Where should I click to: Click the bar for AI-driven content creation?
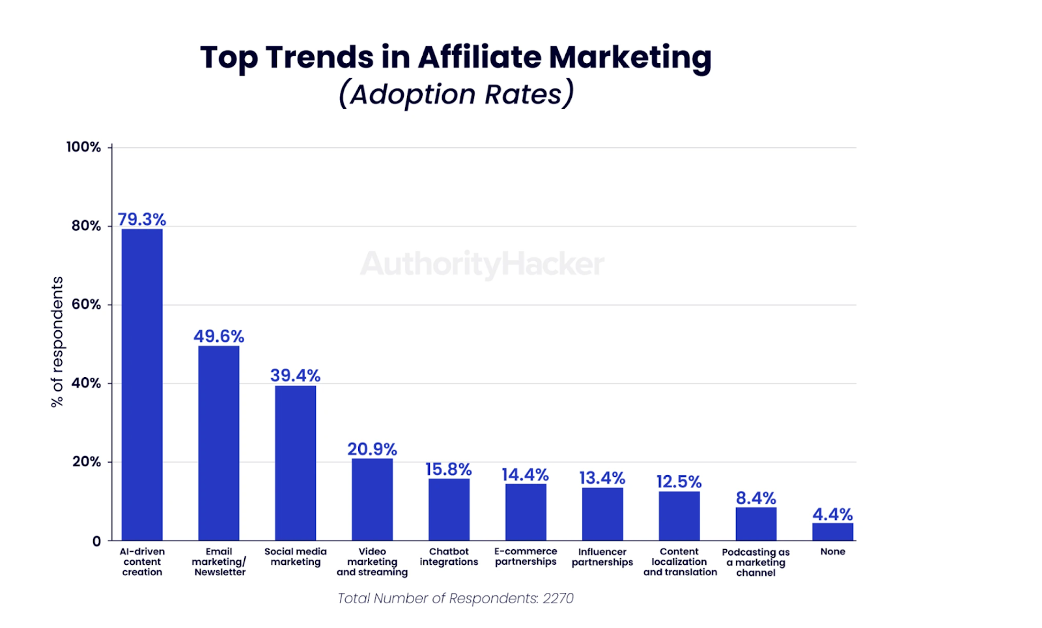click(142, 384)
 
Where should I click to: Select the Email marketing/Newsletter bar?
click(219, 443)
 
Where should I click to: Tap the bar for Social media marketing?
click(295, 463)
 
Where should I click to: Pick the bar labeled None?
click(832, 532)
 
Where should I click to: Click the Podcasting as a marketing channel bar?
click(755, 524)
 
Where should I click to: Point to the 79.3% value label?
click(142, 220)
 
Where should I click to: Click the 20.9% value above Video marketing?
click(372, 449)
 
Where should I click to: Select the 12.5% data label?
click(679, 481)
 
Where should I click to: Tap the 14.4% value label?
click(525, 474)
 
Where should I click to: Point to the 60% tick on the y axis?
click(86, 304)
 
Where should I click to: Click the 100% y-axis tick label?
click(83, 147)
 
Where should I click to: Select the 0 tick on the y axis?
click(96, 541)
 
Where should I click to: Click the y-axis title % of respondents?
click(57, 342)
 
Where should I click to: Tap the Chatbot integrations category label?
click(449, 556)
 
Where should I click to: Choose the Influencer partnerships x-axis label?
click(602, 557)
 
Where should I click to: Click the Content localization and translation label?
click(679, 562)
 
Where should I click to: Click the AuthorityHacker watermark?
click(482, 264)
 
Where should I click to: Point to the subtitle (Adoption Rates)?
click(456, 94)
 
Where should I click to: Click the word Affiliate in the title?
click(479, 57)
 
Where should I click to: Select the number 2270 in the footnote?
click(558, 598)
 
